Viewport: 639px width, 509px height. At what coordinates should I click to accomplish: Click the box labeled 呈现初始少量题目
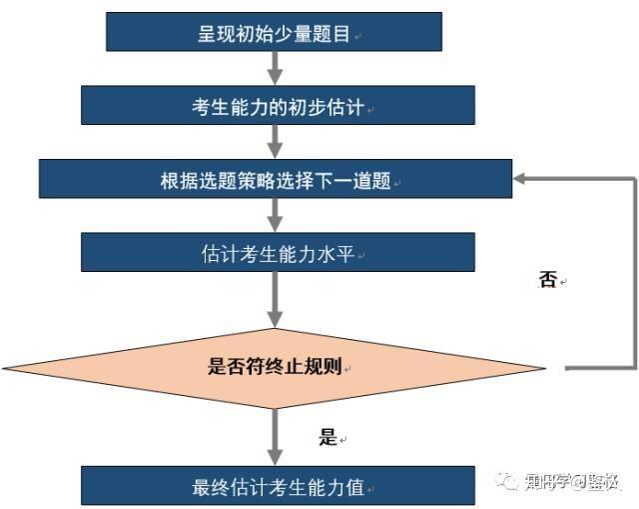(x=274, y=33)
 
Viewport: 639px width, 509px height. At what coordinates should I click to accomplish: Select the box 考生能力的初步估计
(x=274, y=105)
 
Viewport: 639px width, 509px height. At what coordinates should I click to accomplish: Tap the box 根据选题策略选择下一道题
(x=275, y=181)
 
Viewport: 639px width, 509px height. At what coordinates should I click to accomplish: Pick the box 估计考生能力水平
(x=275, y=254)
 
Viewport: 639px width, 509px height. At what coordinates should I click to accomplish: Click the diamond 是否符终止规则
(x=275, y=368)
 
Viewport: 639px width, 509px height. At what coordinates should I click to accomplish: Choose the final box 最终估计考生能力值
(x=275, y=487)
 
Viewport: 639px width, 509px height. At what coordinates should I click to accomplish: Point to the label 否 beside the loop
(x=546, y=281)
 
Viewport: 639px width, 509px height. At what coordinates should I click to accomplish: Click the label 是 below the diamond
(x=327, y=437)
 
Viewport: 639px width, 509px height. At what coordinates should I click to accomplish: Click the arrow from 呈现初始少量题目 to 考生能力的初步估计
(x=275, y=68)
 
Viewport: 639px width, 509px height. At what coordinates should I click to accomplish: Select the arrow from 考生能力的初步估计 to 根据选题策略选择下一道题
(x=275, y=142)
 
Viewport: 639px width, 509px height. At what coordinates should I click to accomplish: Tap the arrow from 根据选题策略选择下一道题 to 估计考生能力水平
(x=275, y=216)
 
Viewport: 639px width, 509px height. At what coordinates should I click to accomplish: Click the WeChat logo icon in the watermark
(x=507, y=481)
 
